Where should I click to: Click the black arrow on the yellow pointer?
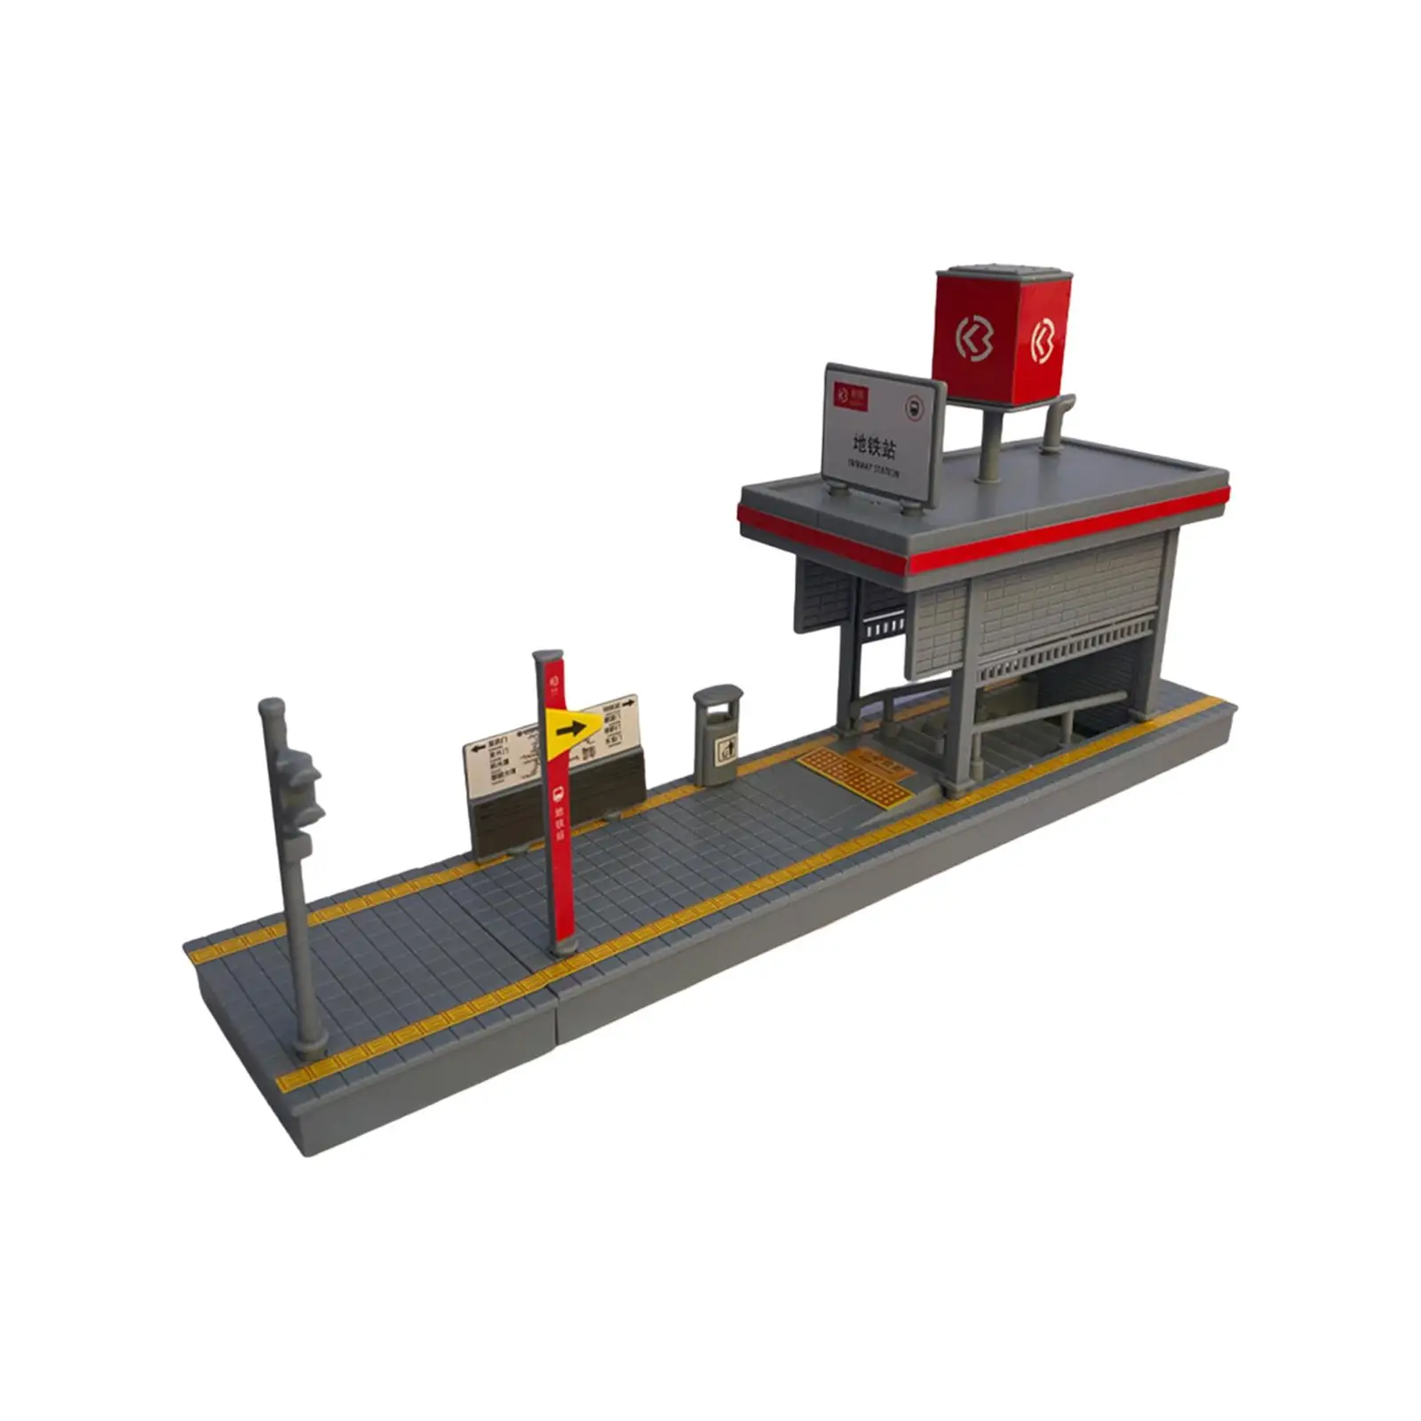570,730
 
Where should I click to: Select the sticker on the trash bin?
727,750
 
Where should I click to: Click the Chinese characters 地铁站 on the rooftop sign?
874,443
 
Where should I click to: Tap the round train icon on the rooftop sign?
914,409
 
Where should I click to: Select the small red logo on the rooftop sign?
850,393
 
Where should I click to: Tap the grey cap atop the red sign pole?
548,658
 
